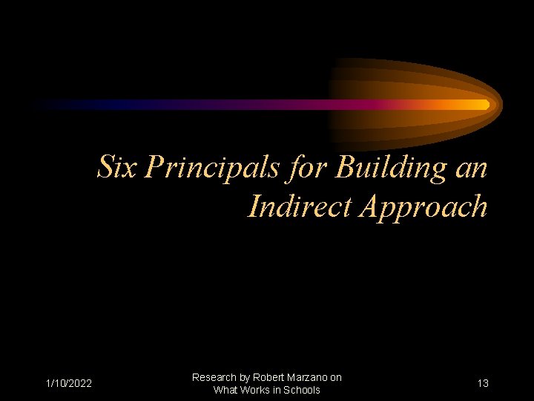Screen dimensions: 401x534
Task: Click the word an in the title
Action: (x=470, y=169)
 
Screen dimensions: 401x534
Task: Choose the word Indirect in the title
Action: (x=300, y=206)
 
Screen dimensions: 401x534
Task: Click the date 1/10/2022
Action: (x=68, y=383)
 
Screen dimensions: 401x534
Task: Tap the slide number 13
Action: (x=483, y=383)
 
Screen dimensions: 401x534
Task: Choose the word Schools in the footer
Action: (x=301, y=390)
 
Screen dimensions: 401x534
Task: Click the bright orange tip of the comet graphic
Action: (x=483, y=105)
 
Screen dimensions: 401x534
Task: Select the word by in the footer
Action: (x=245, y=377)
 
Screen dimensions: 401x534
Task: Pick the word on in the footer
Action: (x=336, y=377)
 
